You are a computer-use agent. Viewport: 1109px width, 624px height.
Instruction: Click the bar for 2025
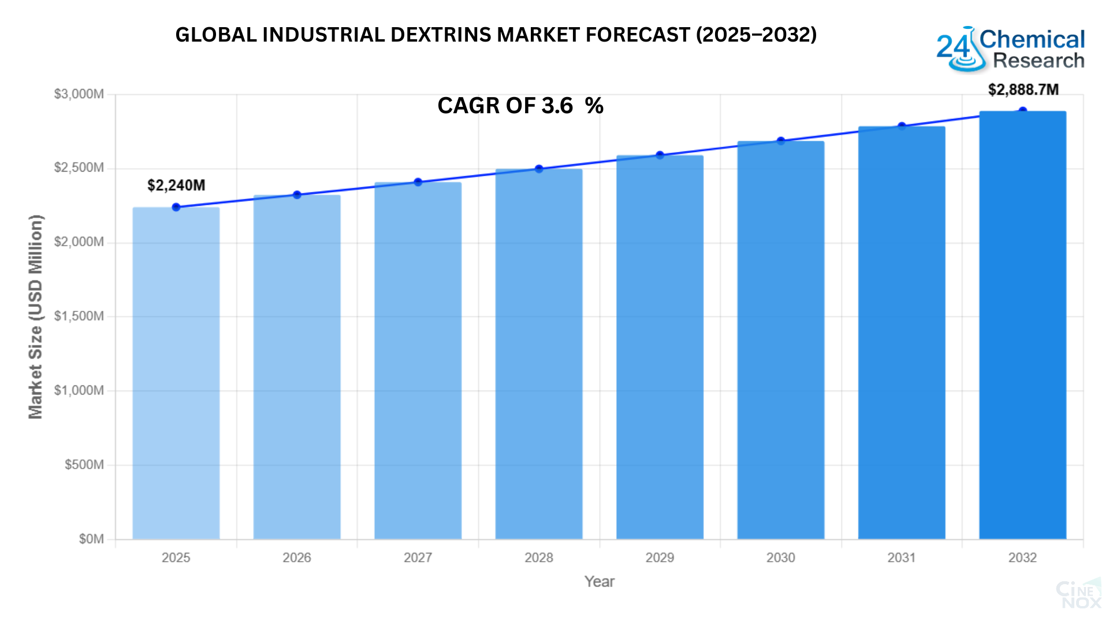(176, 373)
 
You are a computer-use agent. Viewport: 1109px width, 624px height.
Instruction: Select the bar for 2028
(539, 354)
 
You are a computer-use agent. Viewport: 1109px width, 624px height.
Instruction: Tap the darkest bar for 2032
(1022, 325)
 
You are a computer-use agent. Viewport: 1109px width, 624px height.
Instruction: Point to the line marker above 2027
(418, 182)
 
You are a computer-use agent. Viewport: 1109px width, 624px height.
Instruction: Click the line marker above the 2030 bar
(781, 141)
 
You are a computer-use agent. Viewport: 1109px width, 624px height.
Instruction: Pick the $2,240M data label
(176, 185)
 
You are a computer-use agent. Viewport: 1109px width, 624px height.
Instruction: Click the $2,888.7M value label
(1023, 90)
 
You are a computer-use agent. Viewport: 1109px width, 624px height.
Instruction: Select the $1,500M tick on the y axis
(79, 316)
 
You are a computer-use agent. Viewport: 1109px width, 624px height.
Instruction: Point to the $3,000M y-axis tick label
(79, 94)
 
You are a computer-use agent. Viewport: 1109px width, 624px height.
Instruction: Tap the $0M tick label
(91, 539)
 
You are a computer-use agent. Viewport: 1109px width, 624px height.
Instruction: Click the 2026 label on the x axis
(297, 558)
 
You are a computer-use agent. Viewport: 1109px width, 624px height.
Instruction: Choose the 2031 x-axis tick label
(902, 558)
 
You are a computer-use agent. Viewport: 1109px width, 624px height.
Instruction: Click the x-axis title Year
(599, 581)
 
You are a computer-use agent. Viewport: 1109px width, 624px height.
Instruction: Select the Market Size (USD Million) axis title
(36, 317)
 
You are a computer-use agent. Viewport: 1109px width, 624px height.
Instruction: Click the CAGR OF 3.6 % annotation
(520, 106)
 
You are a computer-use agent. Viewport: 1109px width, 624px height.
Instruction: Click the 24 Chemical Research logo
(1010, 49)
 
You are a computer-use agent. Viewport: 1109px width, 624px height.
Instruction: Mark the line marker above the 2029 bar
(660, 155)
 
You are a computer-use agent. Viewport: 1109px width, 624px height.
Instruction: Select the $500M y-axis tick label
(84, 465)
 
